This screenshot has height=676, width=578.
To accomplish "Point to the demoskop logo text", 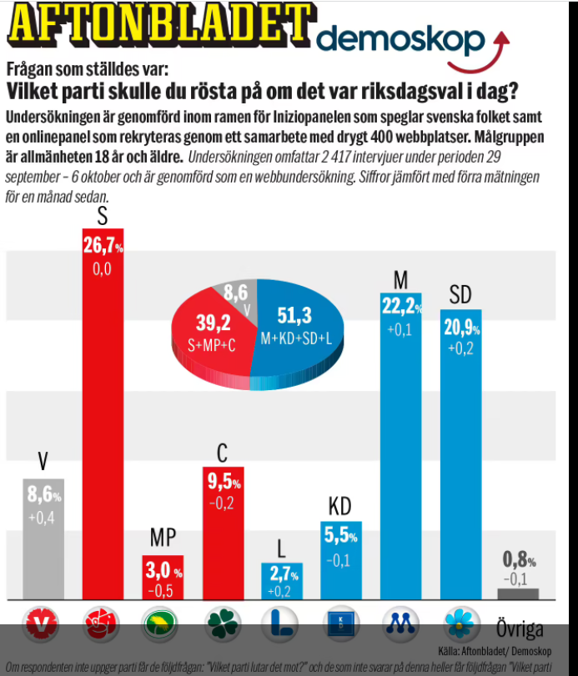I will (x=400, y=40).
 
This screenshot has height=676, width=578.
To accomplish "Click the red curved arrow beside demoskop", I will (x=484, y=54).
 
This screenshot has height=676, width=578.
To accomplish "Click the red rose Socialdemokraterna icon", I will (x=103, y=623).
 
